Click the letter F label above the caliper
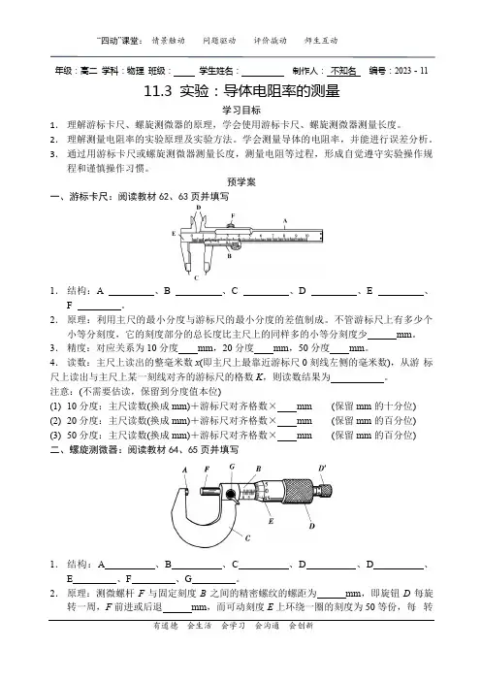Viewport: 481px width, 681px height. click(x=233, y=215)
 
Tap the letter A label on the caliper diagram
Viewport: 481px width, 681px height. click(x=285, y=220)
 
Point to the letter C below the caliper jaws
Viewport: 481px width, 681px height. click(x=196, y=278)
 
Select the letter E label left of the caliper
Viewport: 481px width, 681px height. click(x=174, y=234)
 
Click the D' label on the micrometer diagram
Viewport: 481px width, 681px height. click(x=322, y=469)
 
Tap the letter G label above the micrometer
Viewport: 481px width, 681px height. click(x=232, y=467)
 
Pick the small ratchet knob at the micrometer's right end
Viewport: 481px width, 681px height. click(x=325, y=490)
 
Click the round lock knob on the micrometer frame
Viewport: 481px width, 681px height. click(x=231, y=494)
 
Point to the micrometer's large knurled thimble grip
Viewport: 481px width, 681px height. click(x=298, y=491)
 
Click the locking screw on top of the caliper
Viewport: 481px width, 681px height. click(x=232, y=224)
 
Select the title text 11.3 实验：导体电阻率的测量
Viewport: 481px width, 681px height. click(x=241, y=91)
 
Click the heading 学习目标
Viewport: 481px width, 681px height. click(x=241, y=111)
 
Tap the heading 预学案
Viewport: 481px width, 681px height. click(x=241, y=182)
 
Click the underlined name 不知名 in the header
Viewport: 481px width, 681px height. click(x=343, y=71)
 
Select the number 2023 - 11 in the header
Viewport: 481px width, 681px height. click(x=411, y=71)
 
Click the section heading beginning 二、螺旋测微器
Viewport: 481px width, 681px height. click(x=144, y=449)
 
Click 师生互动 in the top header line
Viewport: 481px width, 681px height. click(x=321, y=41)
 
